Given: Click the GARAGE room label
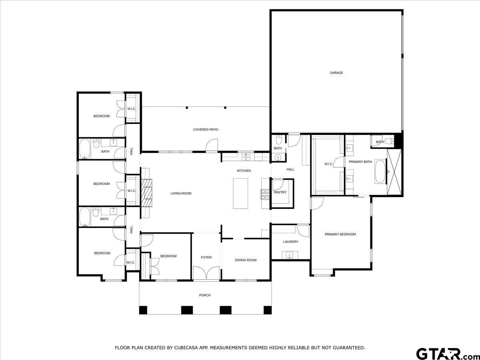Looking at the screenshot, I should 336,73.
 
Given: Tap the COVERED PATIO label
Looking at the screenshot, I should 206,130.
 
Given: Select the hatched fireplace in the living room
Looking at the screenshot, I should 146,192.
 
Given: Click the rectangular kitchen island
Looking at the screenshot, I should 240,194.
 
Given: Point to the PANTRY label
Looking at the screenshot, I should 280,192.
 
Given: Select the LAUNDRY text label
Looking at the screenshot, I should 291,242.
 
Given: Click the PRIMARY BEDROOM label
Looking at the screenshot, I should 340,234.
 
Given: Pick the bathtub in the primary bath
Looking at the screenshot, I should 380,172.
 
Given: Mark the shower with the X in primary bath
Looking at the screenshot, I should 394,172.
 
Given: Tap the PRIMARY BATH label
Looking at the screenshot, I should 360,162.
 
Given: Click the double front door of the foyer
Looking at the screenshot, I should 206,274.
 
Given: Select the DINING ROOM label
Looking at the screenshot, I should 246,260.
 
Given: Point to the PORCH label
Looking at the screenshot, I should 205,295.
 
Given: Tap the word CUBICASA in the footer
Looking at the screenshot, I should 186,348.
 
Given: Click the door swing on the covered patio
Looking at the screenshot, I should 212,145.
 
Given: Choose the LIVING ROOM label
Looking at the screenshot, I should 181,194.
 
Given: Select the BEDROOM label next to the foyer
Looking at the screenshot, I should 168,256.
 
